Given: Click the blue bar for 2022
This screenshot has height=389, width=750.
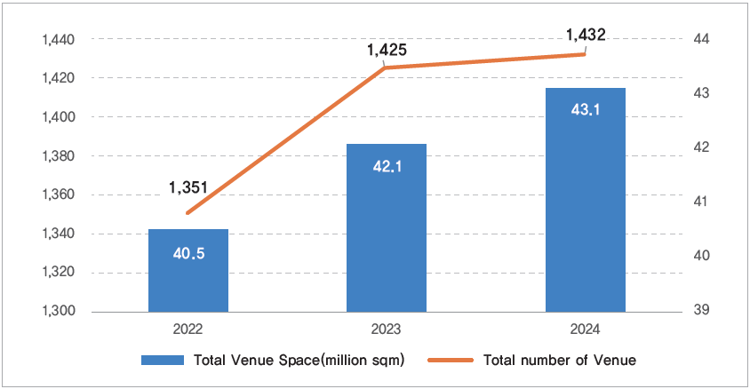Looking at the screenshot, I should (188, 271).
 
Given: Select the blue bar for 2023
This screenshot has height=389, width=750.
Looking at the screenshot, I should (387, 228).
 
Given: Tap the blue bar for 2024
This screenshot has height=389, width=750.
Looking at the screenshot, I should (585, 200).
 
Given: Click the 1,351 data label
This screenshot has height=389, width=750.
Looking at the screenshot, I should (188, 187).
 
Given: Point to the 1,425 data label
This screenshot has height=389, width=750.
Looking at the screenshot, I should (387, 51).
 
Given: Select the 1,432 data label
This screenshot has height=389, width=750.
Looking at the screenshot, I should (585, 36).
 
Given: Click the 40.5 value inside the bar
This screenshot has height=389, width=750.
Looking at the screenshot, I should (188, 253).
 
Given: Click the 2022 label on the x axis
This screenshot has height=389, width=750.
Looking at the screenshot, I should (188, 329).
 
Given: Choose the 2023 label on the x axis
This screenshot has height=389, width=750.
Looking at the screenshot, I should (387, 329).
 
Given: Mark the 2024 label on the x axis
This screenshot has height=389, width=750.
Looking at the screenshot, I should (585, 329).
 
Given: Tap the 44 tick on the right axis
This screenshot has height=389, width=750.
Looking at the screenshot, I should (699, 39).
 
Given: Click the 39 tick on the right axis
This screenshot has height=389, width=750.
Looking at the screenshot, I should (699, 311).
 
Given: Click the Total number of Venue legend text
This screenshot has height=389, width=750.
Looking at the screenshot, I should (560, 361).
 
